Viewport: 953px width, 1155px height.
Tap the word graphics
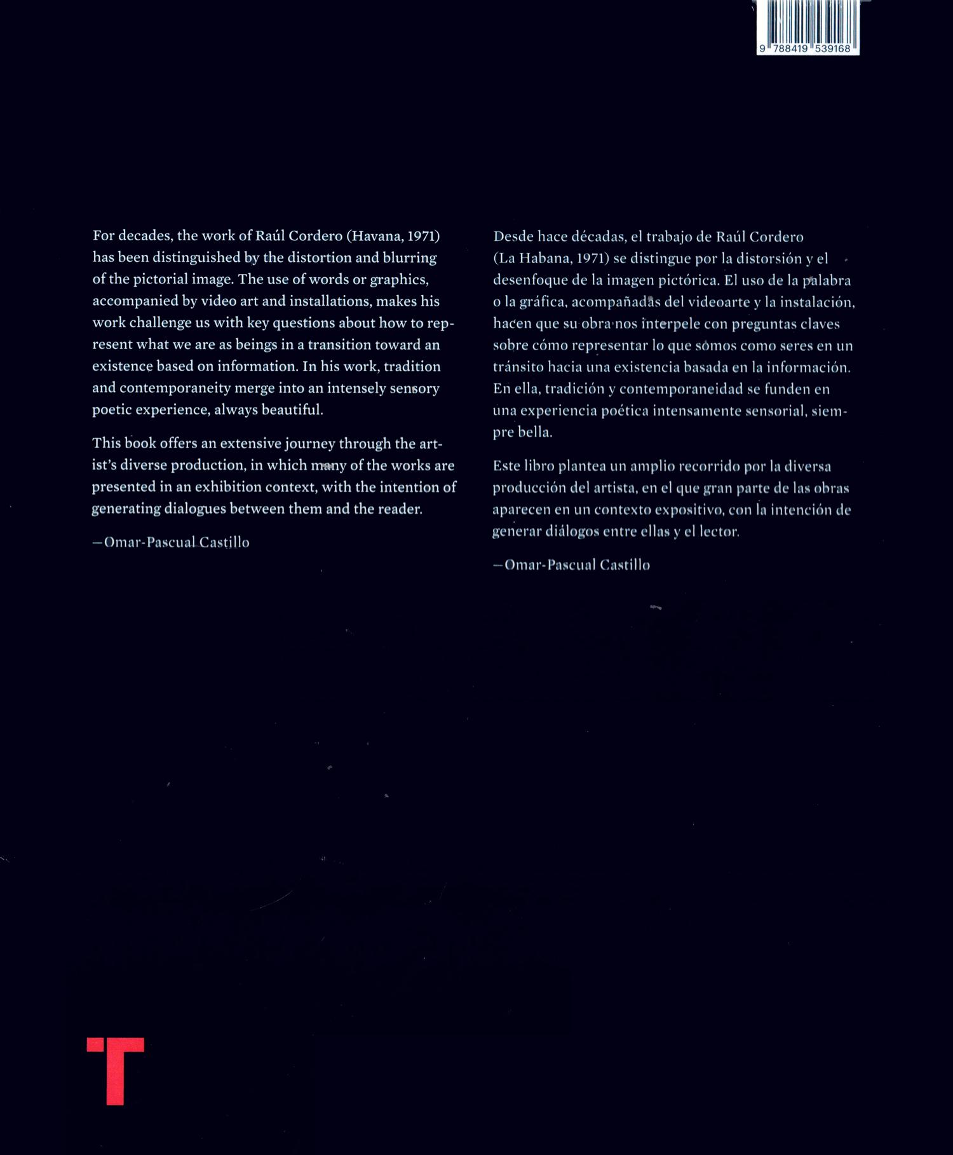coord(401,279)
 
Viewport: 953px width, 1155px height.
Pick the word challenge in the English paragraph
coord(160,323)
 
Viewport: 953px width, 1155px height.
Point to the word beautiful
coord(292,410)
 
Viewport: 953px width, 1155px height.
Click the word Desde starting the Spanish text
coord(513,237)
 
